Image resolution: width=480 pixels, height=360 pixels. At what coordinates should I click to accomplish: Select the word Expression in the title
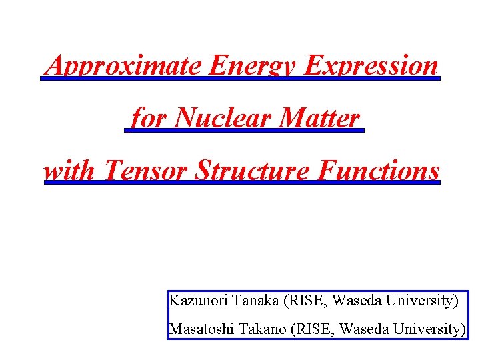371,66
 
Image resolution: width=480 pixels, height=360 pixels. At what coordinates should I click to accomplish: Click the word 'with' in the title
71,171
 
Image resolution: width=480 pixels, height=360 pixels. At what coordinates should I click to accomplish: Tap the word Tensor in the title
145,171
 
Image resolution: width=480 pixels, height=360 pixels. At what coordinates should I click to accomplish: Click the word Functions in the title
379,171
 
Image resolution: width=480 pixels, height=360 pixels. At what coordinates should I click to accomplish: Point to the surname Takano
263,329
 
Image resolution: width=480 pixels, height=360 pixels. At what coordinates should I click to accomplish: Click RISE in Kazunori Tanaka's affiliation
305,301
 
